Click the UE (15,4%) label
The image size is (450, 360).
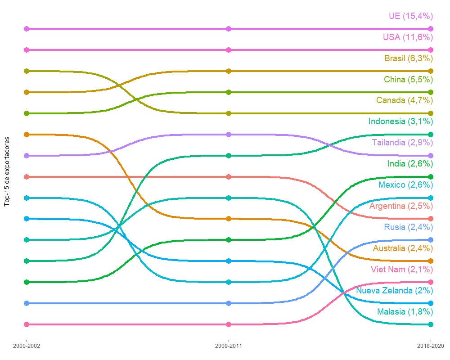pyautogui.click(x=410, y=16)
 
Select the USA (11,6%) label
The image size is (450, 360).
pyautogui.click(x=408, y=37)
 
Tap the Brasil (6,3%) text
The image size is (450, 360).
pyautogui.click(x=408, y=58)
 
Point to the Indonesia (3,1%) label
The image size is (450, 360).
pyautogui.click(x=400, y=121)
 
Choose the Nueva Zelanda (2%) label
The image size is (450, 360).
pyautogui.click(x=394, y=291)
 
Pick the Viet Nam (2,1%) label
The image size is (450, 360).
pyautogui.click(x=401, y=270)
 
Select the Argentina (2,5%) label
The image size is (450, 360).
pyautogui.click(x=400, y=206)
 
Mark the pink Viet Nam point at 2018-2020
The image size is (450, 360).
pyautogui.click(x=431, y=282)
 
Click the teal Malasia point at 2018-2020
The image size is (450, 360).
pyautogui.click(x=431, y=324)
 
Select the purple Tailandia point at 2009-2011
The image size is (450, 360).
pyautogui.click(x=229, y=135)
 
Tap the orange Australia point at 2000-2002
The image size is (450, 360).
pyautogui.click(x=27, y=135)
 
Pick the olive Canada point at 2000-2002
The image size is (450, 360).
pyautogui.click(x=27, y=71)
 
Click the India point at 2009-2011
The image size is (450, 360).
pyautogui.click(x=229, y=240)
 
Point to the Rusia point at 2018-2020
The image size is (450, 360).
pyautogui.click(x=431, y=240)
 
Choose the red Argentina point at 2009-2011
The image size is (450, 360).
pyautogui.click(x=229, y=177)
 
